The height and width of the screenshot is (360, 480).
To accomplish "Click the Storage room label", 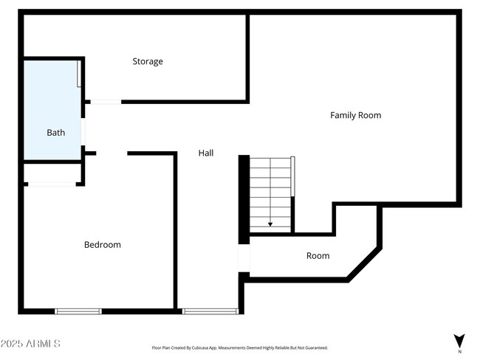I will pos(148,61).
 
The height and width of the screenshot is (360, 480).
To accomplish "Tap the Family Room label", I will pos(355,115).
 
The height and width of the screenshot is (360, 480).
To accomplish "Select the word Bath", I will pos(56,133).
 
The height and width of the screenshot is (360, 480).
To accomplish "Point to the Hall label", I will pos(206,153).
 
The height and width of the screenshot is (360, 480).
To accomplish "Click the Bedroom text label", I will pos(102,244).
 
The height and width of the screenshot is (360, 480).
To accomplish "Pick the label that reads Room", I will pos(318,256).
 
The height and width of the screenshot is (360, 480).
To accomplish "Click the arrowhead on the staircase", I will pos(270,223).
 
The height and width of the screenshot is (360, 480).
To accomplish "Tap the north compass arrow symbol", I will pos(459,342).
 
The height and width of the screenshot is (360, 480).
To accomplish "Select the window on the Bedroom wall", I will pos(78,311).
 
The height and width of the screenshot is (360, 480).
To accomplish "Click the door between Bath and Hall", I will pos(83,133).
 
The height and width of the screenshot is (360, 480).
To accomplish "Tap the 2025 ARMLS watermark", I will pos(31,344).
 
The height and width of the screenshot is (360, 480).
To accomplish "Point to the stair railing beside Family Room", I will pos(293,176).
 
